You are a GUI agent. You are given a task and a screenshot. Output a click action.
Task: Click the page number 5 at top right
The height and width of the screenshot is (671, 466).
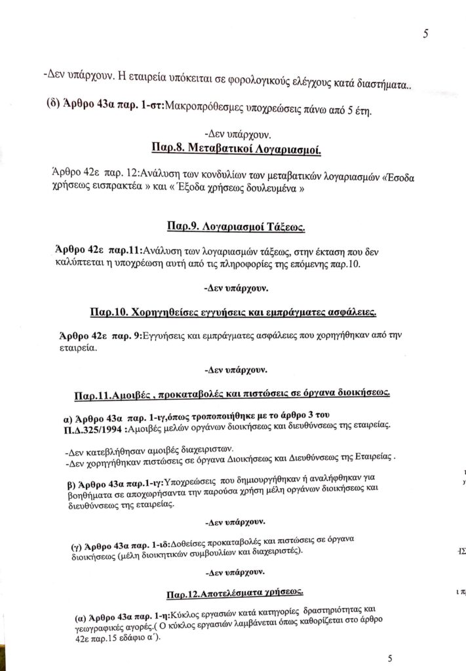tap(426, 35)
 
